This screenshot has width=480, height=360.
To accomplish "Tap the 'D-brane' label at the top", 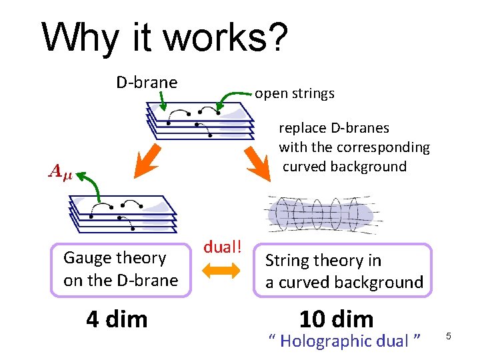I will (x=147, y=83).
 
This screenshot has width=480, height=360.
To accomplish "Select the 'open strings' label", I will (x=295, y=93).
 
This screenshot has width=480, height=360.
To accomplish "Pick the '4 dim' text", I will (x=117, y=319).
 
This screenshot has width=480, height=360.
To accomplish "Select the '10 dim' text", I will (x=336, y=319).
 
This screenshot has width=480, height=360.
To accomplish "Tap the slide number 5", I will (x=449, y=336).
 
